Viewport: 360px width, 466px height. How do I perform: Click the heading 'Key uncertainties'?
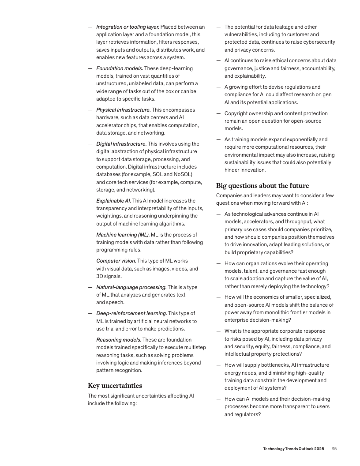(x=115, y=385)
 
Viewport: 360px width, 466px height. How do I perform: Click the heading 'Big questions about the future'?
(x=262, y=185)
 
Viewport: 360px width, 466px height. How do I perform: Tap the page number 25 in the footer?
(x=334, y=448)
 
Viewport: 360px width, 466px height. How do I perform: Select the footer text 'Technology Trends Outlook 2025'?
(x=293, y=448)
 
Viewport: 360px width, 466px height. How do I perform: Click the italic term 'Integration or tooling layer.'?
(x=128, y=27)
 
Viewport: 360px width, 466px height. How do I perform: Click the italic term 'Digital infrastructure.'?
(x=121, y=144)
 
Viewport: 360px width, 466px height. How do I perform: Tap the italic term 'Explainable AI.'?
(x=113, y=201)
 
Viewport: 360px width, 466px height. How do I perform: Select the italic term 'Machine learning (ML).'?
(x=123, y=235)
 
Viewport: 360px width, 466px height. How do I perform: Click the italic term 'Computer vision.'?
(x=116, y=261)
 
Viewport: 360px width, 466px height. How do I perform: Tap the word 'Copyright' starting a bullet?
(x=237, y=113)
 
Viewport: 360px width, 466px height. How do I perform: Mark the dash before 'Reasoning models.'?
(x=90, y=340)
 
